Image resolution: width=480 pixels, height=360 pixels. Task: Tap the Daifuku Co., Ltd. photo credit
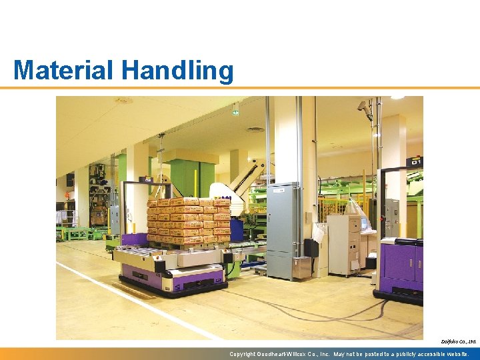pos(458,341)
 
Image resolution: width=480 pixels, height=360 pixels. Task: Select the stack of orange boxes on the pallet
pos(188,220)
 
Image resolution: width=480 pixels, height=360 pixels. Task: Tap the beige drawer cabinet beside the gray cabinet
pos(343,244)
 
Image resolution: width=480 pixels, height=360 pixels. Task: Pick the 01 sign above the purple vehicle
pos(415,162)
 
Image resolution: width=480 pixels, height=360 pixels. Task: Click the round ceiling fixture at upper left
pos(123,101)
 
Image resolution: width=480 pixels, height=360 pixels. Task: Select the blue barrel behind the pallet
pos(237,229)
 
